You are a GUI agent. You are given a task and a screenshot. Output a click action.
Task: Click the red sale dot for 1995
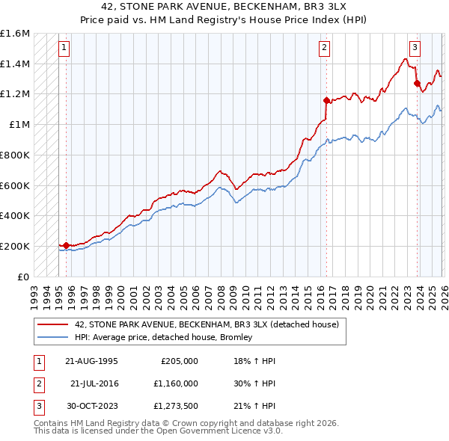pyautogui.click(x=66, y=245)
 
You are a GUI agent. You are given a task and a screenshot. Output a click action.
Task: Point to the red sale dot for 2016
pyautogui.click(x=326, y=99)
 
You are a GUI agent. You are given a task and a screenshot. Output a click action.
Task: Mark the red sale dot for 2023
pyautogui.click(x=417, y=83)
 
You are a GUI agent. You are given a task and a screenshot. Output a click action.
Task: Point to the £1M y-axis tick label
pyautogui.click(x=19, y=125)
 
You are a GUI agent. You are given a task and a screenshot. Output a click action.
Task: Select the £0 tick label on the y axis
pyautogui.click(x=24, y=277)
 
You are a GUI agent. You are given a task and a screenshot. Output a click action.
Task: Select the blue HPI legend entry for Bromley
pyautogui.click(x=164, y=337)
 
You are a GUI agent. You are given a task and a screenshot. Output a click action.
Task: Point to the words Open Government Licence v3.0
pyautogui.click(x=216, y=432)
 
